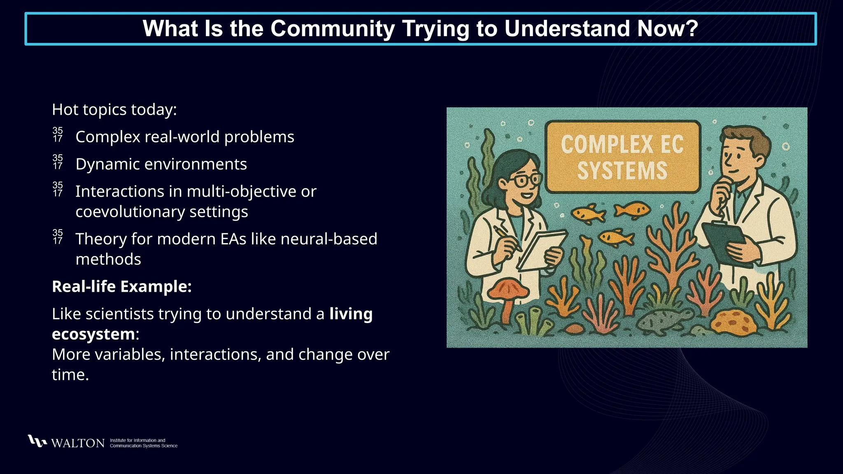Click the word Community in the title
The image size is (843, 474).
[333, 29]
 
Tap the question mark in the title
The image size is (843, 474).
[692, 29]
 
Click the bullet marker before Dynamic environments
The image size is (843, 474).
[58, 163]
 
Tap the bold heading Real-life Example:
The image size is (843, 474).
[122, 287]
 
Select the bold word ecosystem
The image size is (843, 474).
[93, 334]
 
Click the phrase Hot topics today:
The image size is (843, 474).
[114, 110]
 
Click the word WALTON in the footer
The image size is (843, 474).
[78, 443]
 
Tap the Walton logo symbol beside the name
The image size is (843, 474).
[37, 441]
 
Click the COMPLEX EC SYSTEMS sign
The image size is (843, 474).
[622, 157]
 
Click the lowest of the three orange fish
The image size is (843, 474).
[615, 237]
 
